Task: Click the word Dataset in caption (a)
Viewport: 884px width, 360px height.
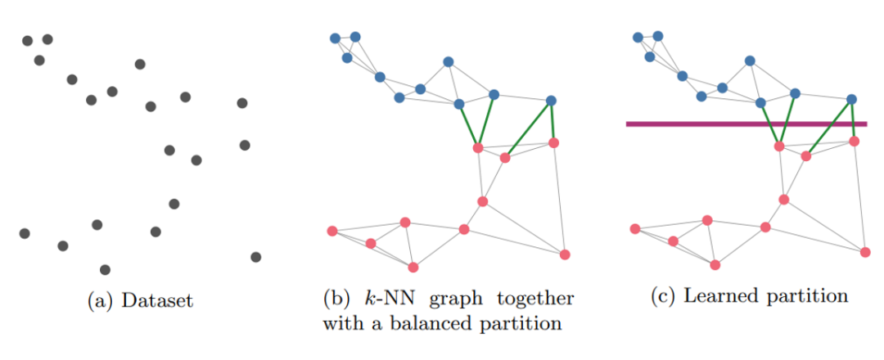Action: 157,301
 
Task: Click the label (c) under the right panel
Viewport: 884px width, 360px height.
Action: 663,296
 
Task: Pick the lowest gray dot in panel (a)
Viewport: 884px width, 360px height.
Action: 105,269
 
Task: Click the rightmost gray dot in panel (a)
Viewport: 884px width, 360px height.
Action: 255,257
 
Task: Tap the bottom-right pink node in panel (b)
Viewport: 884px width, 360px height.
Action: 564,254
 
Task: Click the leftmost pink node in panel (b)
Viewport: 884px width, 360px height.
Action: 332,231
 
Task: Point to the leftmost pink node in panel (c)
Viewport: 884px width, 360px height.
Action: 635,229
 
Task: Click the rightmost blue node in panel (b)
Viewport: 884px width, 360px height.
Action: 551,101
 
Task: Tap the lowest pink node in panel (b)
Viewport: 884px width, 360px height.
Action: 413,267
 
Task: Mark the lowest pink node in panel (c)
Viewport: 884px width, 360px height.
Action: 715,264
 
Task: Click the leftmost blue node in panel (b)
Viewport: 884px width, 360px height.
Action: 335,38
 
